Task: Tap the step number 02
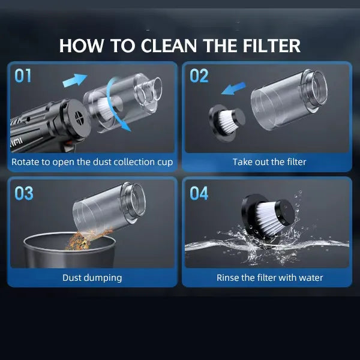pyautogui.click(x=199, y=76)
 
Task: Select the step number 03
pyautogui.click(x=23, y=193)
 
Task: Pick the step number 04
pyautogui.click(x=199, y=193)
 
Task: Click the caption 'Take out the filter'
pyautogui.click(x=269, y=162)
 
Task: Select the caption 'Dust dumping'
pyautogui.click(x=92, y=278)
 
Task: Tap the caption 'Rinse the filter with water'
pyautogui.click(x=269, y=278)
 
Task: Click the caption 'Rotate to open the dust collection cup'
pyautogui.click(x=92, y=162)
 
